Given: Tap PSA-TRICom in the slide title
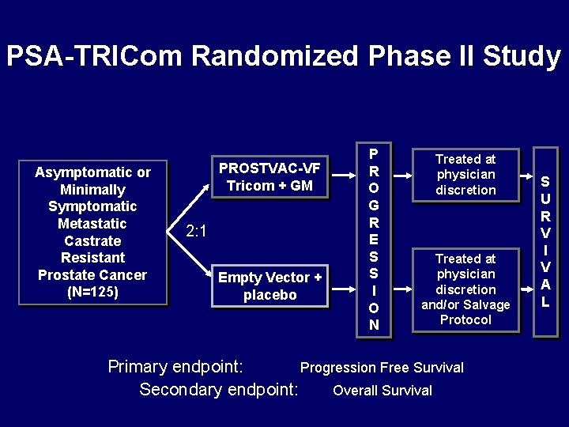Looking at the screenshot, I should point(95,56).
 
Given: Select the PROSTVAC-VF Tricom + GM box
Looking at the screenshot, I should point(269,176).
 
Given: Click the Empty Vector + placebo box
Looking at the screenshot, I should point(269,285).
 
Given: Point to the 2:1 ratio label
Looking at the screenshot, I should point(196,231).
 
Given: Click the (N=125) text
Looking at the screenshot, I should point(92,292).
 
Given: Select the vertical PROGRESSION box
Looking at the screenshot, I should point(374,240).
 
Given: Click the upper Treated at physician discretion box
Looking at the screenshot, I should point(465,174).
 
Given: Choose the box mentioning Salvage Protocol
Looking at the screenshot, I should point(465,289).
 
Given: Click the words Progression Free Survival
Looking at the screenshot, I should point(382,368).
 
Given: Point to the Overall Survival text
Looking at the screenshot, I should point(382,390).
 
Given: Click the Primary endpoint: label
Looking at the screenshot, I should point(175,367).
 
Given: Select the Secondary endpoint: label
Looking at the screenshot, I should point(219,389).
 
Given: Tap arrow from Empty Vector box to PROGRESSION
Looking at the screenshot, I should point(340,285).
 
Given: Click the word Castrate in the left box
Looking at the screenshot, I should point(92,240).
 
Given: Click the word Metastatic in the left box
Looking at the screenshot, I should point(92,224).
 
